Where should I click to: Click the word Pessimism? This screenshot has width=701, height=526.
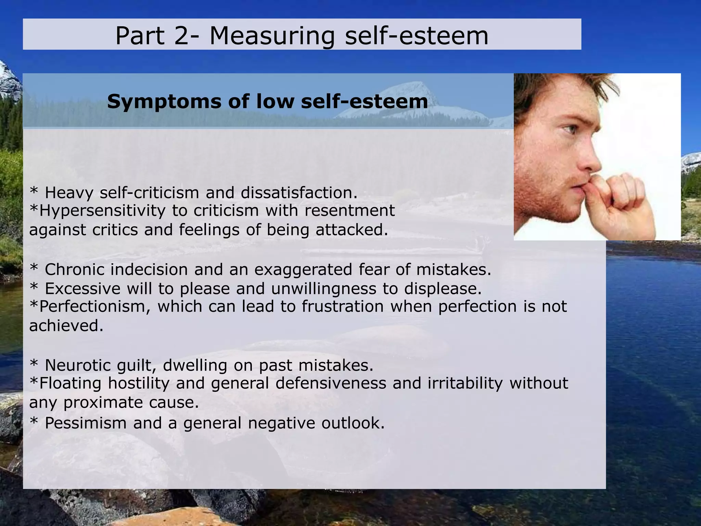(x=86, y=423)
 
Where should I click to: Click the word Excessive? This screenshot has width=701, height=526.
(x=82, y=289)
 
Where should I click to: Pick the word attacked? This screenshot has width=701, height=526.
(x=352, y=230)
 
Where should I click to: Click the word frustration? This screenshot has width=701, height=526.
(x=342, y=307)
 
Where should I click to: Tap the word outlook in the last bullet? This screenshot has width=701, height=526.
(x=353, y=423)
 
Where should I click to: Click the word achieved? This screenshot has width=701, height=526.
(x=66, y=326)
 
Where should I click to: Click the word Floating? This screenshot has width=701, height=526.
(x=70, y=383)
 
